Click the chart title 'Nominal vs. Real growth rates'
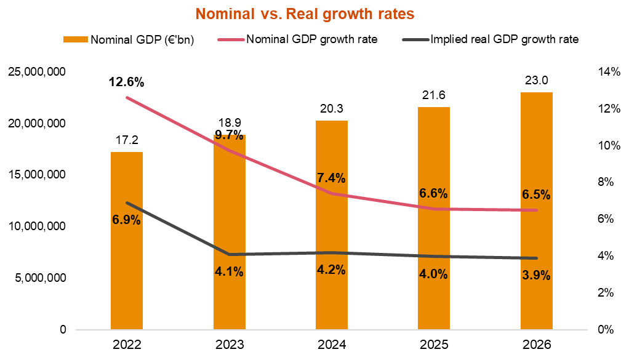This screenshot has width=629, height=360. tap(305, 13)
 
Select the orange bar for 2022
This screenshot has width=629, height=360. tap(127, 246)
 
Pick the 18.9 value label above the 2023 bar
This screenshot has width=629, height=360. tap(229, 124)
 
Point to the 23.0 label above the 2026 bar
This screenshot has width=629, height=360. tap(536, 81)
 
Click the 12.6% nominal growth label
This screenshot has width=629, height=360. tap(127, 82)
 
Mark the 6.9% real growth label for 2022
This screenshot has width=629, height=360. tap(127, 219)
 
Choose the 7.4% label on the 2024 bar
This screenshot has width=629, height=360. tap(331, 178)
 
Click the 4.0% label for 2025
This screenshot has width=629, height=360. tap(433, 274)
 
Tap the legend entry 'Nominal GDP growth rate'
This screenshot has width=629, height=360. tap(311, 40)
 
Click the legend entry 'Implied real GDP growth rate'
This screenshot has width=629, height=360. tap(505, 40)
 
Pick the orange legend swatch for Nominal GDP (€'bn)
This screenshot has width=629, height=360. tap(76, 40)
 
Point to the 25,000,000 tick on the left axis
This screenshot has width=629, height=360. tap(38, 72)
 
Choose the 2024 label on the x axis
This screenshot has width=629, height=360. tap(331, 345)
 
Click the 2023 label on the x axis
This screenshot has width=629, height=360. tap(229, 345)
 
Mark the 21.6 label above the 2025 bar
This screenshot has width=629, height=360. tap(433, 95)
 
